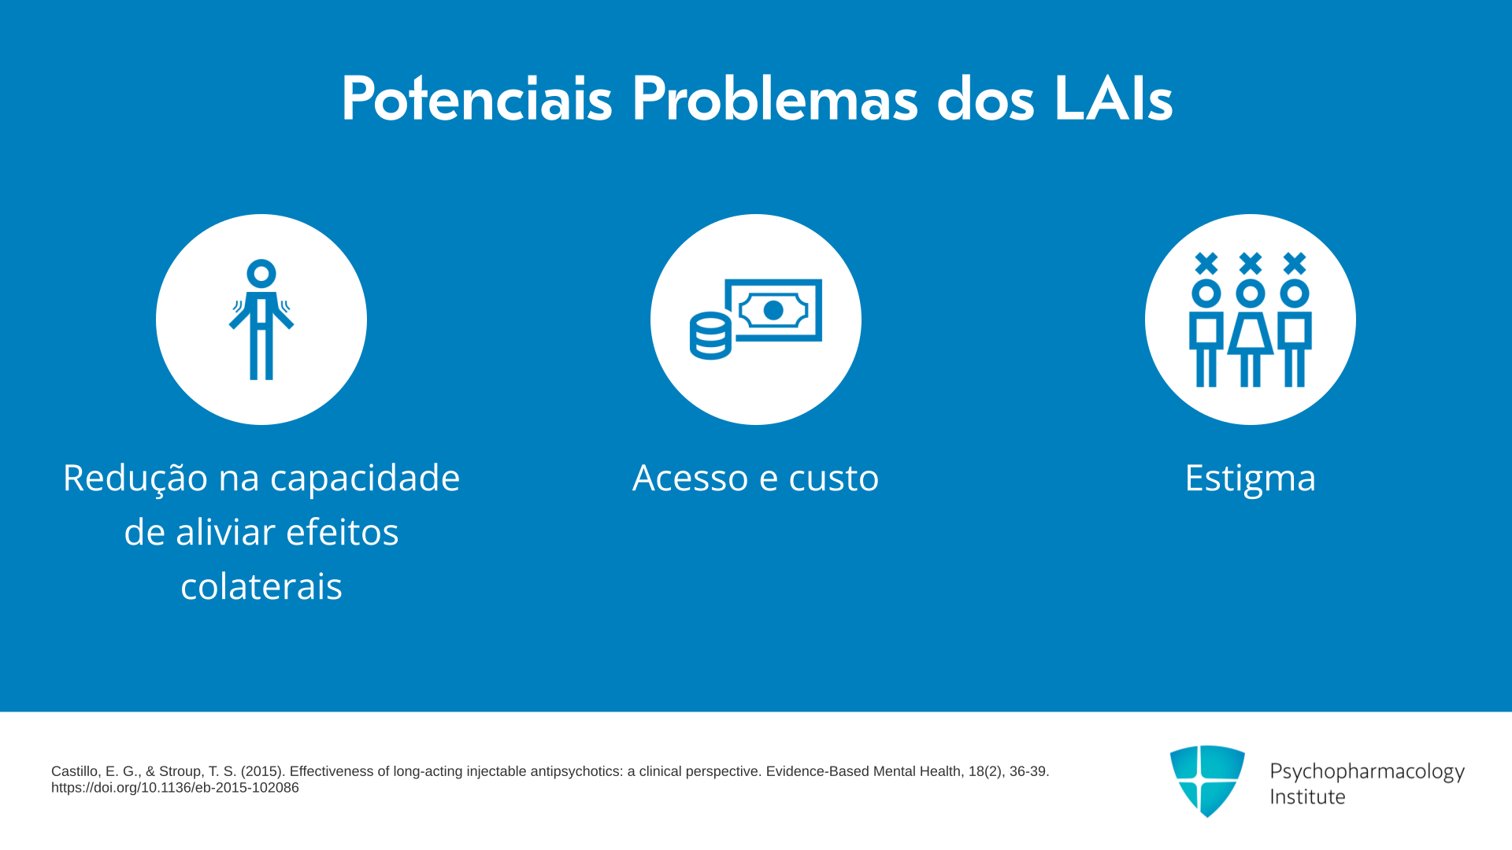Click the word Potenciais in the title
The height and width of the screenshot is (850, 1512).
click(x=476, y=98)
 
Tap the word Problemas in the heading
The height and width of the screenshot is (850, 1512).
click(x=775, y=98)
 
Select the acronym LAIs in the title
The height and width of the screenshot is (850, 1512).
click(x=1113, y=98)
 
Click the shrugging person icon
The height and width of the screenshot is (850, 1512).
click(x=261, y=320)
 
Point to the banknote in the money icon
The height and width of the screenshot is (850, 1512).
click(x=773, y=310)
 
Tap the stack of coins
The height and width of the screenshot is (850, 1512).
click(x=710, y=336)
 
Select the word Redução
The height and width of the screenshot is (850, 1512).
click(x=135, y=478)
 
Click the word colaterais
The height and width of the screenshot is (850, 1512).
click(x=261, y=586)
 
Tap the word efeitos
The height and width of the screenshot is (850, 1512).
click(x=343, y=532)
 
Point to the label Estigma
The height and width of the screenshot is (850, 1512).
click(x=1251, y=479)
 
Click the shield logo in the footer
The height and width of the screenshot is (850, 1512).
click(x=1207, y=782)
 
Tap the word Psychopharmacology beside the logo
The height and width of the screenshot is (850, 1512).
click(x=1367, y=772)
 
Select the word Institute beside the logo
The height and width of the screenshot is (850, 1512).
click(x=1308, y=796)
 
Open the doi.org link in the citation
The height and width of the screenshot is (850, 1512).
click(x=175, y=788)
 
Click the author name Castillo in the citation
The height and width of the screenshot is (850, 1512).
click(x=76, y=771)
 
